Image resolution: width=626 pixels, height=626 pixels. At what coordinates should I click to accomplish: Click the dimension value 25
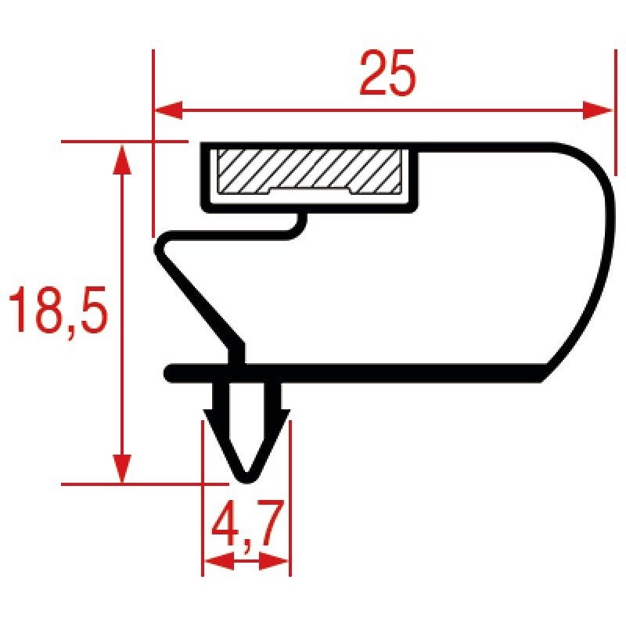(387, 73)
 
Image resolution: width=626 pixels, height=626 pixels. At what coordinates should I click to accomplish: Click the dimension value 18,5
(58, 310)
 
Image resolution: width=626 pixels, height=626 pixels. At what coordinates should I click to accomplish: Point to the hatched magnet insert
(309, 171)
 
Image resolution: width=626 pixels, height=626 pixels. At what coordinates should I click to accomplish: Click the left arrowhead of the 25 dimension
(168, 110)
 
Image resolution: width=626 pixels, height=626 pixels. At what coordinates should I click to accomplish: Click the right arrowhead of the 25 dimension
(597, 110)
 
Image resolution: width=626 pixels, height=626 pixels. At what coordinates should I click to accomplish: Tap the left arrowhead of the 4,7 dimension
(218, 561)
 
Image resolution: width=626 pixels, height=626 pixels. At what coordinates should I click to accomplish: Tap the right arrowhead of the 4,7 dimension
(274, 561)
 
